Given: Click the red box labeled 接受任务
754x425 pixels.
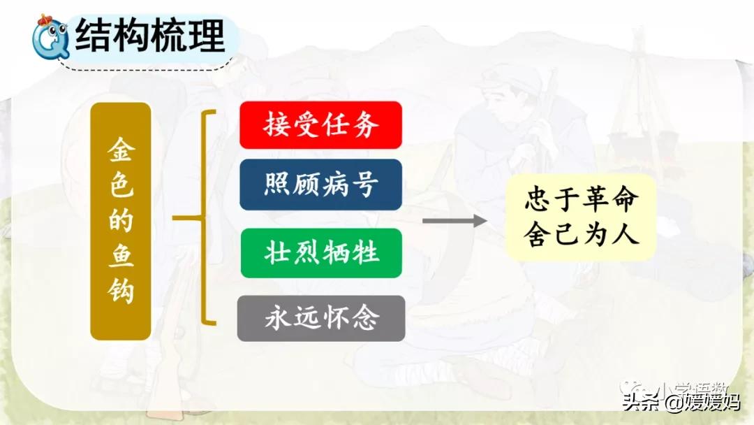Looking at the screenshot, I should point(320,125).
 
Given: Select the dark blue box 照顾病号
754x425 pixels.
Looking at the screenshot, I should point(320,185).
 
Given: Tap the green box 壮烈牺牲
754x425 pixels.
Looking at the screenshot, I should point(320,252).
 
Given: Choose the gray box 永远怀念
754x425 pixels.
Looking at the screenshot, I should point(320,318).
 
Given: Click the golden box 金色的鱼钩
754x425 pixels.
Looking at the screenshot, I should point(121,221).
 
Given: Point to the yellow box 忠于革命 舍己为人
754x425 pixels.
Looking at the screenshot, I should point(581,217).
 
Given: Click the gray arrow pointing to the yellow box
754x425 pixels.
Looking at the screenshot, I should point(454,221).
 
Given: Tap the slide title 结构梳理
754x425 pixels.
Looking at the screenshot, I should point(150,35).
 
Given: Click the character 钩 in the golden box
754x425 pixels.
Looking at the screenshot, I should point(121,289).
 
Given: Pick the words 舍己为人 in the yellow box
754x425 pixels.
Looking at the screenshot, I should point(581,234).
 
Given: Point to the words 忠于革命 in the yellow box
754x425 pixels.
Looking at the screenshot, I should point(581,201).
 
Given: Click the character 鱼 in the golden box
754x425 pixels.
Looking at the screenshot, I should point(121,255).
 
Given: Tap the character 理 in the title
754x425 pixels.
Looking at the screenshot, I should point(207,35).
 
